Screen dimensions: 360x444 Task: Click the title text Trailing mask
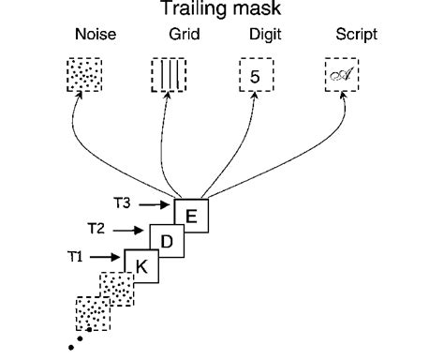(223, 11)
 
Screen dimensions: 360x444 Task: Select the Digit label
(254, 37)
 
